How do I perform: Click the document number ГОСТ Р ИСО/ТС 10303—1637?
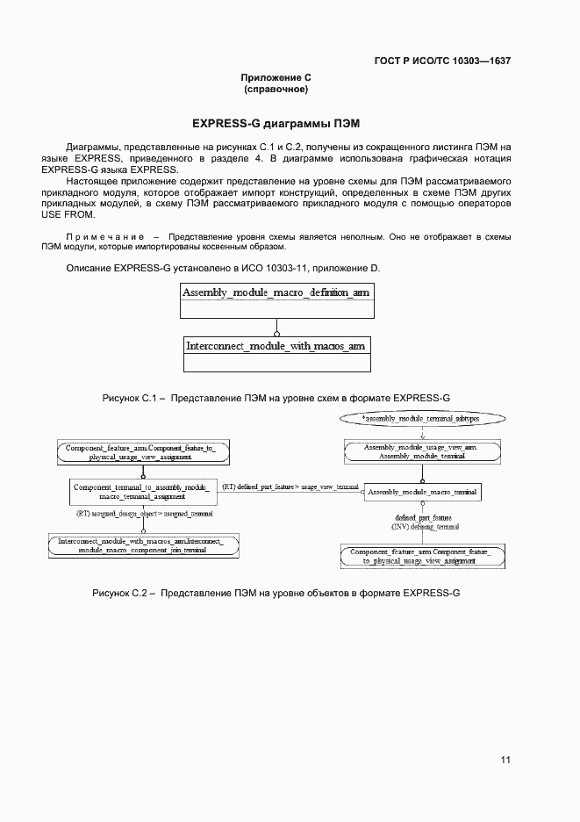tap(442, 61)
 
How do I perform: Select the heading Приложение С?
tap(276, 78)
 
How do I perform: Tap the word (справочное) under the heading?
tap(276, 90)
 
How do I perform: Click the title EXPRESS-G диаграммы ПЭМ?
tap(276, 122)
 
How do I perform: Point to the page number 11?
tap(505, 760)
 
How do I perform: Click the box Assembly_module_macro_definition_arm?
tap(276, 292)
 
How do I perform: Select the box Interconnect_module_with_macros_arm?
tap(276, 346)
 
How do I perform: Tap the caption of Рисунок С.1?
tap(276, 398)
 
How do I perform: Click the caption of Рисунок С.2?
tap(276, 594)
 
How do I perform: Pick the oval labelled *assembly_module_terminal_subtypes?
tap(421, 420)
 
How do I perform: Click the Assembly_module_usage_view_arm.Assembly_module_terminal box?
tap(421, 452)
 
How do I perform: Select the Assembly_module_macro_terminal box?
tap(423, 493)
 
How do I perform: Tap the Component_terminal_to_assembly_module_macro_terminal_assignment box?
tap(141, 492)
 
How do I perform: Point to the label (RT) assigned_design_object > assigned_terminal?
tap(145, 513)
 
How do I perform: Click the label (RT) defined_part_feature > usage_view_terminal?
tap(290, 487)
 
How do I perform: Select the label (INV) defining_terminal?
tap(423, 527)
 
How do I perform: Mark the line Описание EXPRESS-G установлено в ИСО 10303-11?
tap(224, 267)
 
